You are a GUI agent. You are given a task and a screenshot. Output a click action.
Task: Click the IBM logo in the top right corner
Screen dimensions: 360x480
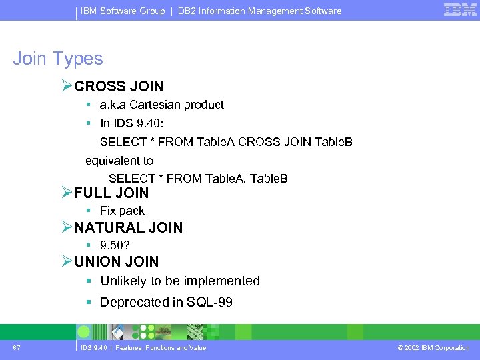tap(460, 10)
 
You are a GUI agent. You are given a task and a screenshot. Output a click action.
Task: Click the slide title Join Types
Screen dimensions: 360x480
tap(58, 59)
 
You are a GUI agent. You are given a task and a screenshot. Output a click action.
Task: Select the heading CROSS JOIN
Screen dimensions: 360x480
tap(119, 86)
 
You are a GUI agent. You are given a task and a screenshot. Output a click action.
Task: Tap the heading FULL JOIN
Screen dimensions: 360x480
tap(111, 193)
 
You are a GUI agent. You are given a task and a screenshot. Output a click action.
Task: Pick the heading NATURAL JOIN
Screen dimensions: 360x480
tap(128, 227)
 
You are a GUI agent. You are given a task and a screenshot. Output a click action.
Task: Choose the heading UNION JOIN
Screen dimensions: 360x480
tap(117, 261)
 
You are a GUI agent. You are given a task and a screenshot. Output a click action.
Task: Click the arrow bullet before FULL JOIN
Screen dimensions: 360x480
tap(66, 193)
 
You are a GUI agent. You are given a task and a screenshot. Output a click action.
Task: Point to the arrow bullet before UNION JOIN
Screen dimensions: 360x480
tap(66, 261)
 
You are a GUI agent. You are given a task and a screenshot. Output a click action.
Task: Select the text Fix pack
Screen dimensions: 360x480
tap(122, 211)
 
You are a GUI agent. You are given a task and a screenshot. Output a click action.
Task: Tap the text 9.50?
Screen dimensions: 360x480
tap(115, 245)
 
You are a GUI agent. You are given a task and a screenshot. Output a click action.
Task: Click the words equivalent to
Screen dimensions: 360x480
tap(119, 161)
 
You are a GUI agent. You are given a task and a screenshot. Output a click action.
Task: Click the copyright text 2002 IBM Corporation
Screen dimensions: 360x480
tap(437, 348)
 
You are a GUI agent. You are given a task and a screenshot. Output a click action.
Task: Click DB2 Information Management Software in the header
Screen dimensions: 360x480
tap(259, 11)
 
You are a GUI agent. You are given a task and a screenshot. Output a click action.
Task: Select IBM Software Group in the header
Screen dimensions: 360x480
tap(123, 11)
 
